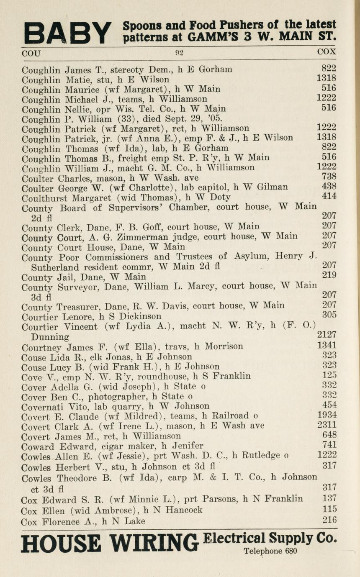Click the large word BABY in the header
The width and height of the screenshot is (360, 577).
(x=67, y=33)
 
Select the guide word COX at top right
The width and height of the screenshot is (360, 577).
(x=327, y=53)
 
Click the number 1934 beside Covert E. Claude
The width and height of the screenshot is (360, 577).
(x=327, y=415)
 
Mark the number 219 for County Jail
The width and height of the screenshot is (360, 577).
(x=329, y=276)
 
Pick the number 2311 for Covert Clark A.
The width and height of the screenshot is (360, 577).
(x=327, y=425)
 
